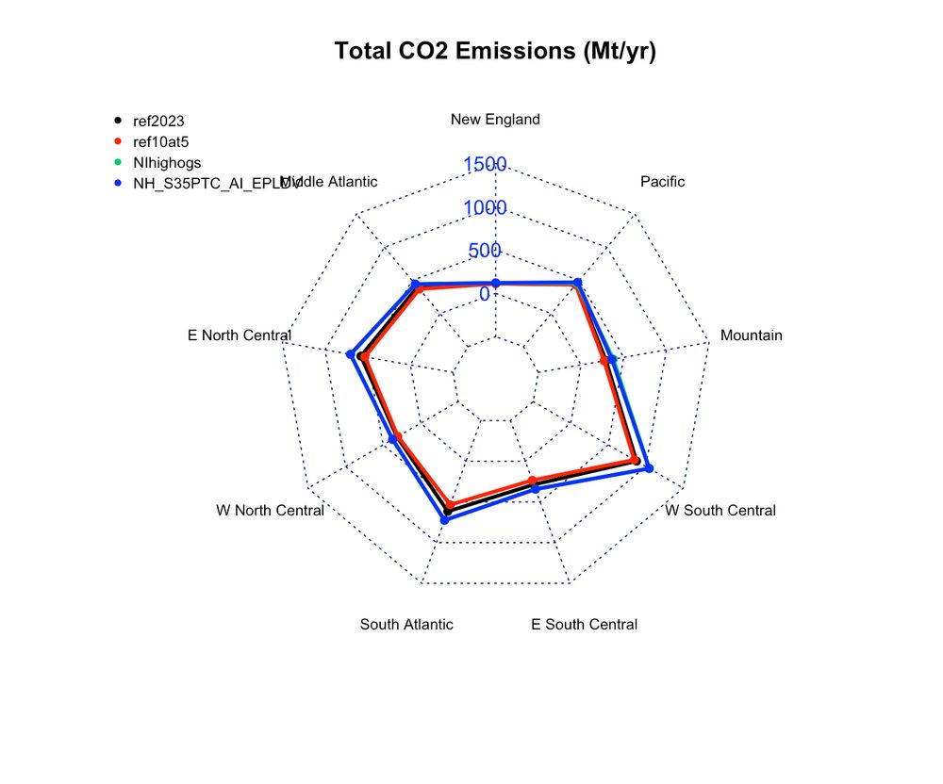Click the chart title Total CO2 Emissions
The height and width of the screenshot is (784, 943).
click(495, 51)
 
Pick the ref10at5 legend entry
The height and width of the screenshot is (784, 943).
click(161, 141)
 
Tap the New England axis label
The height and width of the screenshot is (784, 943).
click(495, 119)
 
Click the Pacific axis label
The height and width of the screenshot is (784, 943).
click(662, 182)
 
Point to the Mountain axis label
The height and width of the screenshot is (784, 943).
click(751, 335)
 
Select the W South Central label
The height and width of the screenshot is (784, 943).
click(720, 511)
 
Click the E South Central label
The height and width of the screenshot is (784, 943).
click(584, 624)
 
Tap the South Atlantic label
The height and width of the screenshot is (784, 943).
click(406, 624)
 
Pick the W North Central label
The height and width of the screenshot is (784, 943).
click(270, 511)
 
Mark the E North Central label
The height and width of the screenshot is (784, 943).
click(240, 335)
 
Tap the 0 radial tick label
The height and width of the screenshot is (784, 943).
click(484, 294)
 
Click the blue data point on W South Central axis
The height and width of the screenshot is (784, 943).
click(648, 467)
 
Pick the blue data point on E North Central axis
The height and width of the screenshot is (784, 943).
click(351, 355)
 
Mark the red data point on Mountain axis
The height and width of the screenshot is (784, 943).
click(604, 361)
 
